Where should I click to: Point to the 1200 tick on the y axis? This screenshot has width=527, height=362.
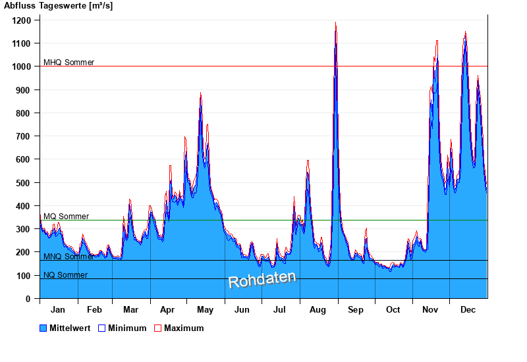click(x=22, y=20)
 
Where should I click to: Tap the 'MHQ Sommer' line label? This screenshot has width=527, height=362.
click(x=69, y=63)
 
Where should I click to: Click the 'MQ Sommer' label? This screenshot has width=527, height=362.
click(x=66, y=217)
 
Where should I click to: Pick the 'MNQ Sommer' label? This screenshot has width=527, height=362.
click(x=69, y=257)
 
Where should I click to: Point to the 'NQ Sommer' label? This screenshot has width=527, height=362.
click(x=65, y=275)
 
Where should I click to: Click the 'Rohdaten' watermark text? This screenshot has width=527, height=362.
click(x=262, y=280)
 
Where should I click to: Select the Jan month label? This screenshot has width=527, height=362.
click(x=58, y=309)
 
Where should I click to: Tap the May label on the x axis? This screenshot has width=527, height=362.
click(x=205, y=309)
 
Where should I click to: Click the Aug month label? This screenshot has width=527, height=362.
click(x=318, y=309)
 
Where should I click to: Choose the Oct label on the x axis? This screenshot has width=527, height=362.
click(x=393, y=309)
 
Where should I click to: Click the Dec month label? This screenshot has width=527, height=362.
click(x=468, y=309)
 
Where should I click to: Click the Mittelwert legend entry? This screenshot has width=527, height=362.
click(x=65, y=328)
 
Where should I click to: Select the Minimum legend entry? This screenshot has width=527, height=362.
click(x=122, y=328)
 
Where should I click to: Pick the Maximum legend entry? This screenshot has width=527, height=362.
click(x=179, y=328)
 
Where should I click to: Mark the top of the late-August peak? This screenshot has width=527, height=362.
click(x=336, y=24)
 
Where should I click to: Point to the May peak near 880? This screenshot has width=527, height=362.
click(x=201, y=94)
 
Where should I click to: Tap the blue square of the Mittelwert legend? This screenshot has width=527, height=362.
click(x=44, y=328)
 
